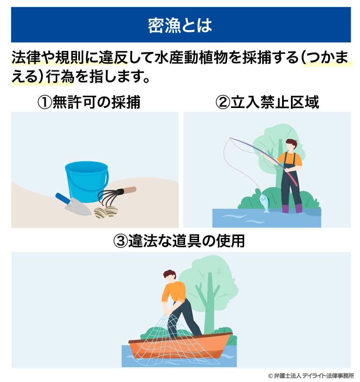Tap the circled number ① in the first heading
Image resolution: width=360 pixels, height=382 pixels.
coord(44,102)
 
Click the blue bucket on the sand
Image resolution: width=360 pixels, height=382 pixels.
coord(87,180)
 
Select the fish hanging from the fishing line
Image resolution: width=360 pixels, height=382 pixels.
coord(264,202)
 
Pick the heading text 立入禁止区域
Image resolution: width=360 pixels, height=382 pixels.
coord(274,102)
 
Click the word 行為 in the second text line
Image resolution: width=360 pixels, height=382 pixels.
coord(52,78)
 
